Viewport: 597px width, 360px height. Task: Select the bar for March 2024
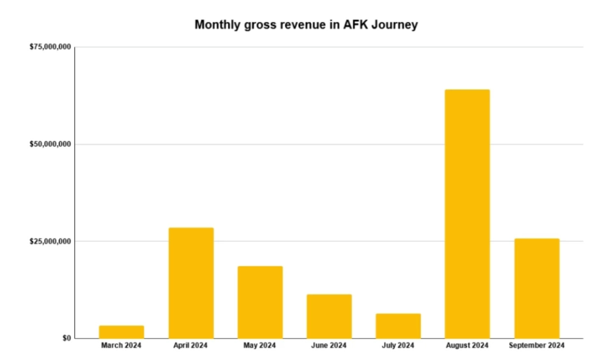122,332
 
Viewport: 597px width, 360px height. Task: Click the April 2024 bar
191,283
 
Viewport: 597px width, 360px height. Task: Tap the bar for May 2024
260,302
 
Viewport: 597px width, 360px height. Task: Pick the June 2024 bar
329,316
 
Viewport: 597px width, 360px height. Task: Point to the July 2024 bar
398,326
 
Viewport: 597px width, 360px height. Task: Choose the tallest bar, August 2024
467,214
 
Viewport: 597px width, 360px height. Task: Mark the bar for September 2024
536,288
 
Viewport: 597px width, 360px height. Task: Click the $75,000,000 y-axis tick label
50,47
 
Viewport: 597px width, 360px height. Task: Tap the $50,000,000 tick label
50,144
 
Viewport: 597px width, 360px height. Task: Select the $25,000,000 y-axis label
50,241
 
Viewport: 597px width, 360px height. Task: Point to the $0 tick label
66,338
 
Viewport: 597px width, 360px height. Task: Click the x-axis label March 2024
121,346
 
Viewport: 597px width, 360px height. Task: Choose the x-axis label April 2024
191,346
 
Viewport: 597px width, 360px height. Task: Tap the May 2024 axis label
260,346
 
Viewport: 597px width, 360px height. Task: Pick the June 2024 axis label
329,346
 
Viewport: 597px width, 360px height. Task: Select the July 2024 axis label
398,346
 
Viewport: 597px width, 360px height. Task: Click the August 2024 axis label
467,346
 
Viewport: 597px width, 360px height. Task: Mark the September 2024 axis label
536,346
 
